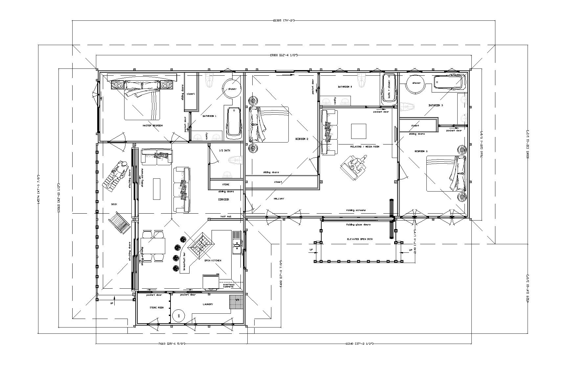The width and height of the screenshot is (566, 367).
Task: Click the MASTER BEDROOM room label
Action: (152, 126)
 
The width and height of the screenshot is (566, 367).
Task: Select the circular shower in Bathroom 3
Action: (416, 83)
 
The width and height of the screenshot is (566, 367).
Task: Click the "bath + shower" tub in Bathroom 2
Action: (389, 89)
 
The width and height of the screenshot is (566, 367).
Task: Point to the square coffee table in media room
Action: (359, 131)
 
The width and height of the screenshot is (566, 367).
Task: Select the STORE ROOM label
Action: (156, 308)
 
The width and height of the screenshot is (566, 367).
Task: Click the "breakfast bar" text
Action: (184, 262)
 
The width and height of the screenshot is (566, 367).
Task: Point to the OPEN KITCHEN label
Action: (213, 261)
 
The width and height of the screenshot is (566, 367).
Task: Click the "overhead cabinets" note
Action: (229, 286)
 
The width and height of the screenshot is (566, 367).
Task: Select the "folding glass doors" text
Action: (358, 225)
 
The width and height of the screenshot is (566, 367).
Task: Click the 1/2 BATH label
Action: (225, 150)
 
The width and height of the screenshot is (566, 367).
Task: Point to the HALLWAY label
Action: (279, 199)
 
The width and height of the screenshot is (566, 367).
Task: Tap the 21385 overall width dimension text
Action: (284, 21)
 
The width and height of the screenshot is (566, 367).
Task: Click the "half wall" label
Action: (226, 217)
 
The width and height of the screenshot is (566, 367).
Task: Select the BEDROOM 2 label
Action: (302, 139)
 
